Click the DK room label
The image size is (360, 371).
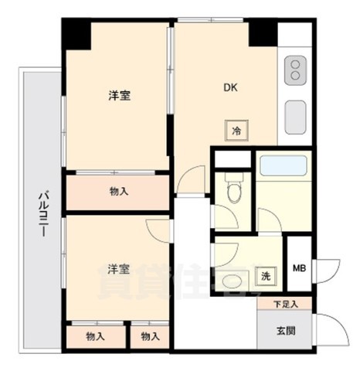[230, 87]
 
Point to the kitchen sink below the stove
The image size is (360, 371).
[295, 117]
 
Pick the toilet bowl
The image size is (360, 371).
[233, 189]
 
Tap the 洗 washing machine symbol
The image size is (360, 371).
[265, 276]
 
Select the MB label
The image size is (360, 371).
[298, 269]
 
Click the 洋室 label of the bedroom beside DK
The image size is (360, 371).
[118, 96]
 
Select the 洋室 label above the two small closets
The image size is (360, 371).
[117, 268]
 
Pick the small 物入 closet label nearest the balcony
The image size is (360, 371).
[95, 336]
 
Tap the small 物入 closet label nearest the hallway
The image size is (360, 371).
[150, 336]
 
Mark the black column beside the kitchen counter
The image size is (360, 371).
[263, 32]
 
